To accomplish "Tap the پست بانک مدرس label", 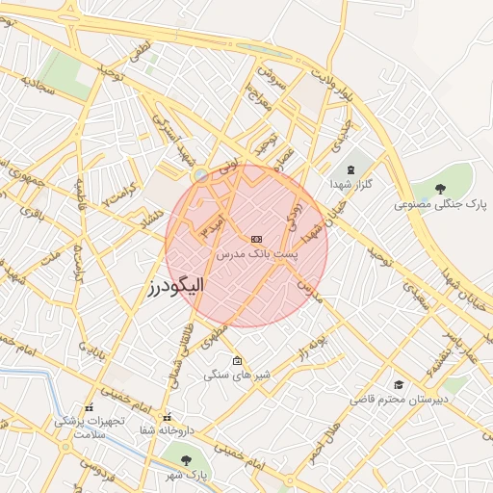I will pyautogui.click(x=257, y=253).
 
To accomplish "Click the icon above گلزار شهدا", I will pyautogui.click(x=350, y=169).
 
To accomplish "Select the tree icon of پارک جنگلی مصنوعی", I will pyautogui.click(x=440, y=189).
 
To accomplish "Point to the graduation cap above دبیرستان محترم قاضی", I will pyautogui.click(x=397, y=384).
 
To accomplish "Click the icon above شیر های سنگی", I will pyautogui.click(x=238, y=360).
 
